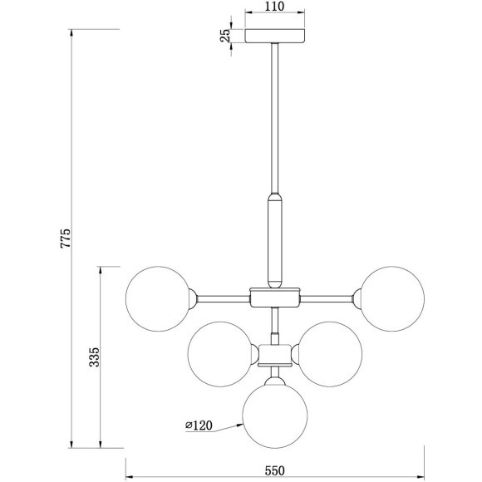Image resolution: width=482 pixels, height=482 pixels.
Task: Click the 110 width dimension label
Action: click(x=274, y=7)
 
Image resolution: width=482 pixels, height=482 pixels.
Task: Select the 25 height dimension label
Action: click(x=225, y=36)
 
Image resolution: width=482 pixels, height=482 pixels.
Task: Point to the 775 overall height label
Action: click(x=66, y=238)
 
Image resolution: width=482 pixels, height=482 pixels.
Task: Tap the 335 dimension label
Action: click(x=94, y=357)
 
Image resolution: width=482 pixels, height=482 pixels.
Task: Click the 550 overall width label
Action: click(x=274, y=470)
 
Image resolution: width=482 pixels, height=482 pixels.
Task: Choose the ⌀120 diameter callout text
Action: click(x=199, y=425)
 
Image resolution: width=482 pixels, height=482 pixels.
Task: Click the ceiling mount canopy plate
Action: click(x=274, y=36)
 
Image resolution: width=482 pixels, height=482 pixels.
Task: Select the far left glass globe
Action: click(x=158, y=299)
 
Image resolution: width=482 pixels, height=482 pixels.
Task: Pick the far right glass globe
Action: click(x=392, y=299)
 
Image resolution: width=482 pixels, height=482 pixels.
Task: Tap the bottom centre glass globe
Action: click(x=275, y=416)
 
